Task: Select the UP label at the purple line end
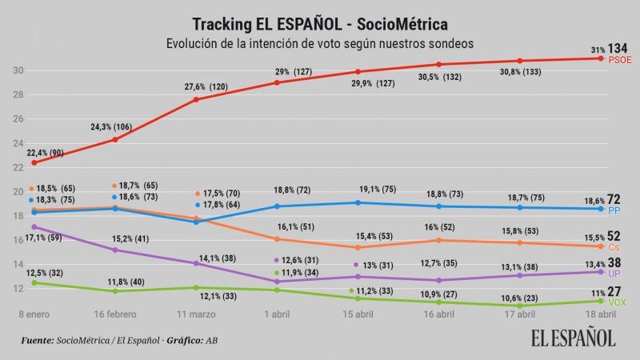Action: [x=616, y=274]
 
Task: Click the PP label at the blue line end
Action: [x=615, y=211]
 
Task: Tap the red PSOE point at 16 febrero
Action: [x=115, y=139]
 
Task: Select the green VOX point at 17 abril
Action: [x=520, y=306]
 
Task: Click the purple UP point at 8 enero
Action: [x=34, y=226]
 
